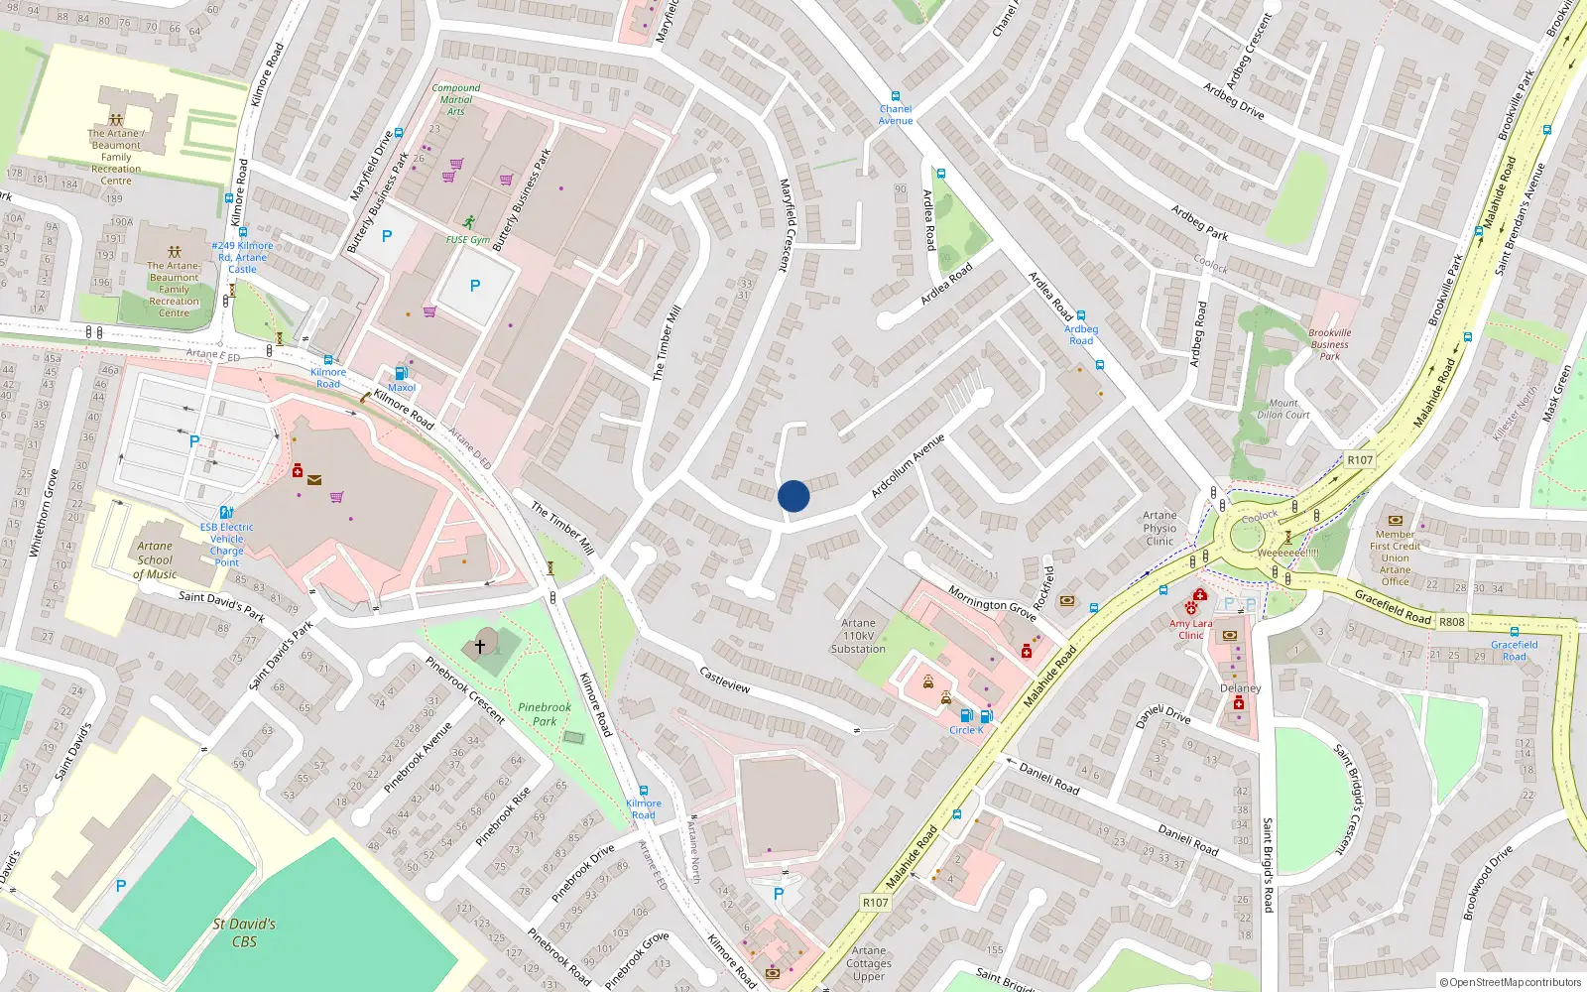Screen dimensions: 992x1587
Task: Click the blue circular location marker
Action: pyautogui.click(x=793, y=496)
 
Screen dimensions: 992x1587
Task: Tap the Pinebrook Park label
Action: pyautogui.click(x=545, y=714)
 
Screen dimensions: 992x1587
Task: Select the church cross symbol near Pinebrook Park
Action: pyautogui.click(x=480, y=646)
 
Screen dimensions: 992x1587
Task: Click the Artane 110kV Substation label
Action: pyautogui.click(x=858, y=636)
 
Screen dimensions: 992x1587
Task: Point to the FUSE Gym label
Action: pyautogui.click(x=467, y=239)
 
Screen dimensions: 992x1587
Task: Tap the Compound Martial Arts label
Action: pyautogui.click(x=456, y=99)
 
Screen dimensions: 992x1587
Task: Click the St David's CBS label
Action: pyautogui.click(x=244, y=932)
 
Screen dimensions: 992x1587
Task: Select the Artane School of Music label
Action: pyautogui.click(x=155, y=559)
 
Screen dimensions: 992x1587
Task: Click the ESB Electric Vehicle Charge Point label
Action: pyautogui.click(x=226, y=545)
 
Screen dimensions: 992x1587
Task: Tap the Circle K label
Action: pyautogui.click(x=966, y=730)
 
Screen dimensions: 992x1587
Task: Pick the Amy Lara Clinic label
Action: pyautogui.click(x=1190, y=629)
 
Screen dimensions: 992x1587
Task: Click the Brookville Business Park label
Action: pyautogui.click(x=1330, y=344)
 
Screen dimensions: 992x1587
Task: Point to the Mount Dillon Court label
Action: pyautogui.click(x=1283, y=409)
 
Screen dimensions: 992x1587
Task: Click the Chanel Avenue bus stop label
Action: pyautogui.click(x=896, y=115)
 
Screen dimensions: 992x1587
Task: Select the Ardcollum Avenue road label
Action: pyautogui.click(x=908, y=465)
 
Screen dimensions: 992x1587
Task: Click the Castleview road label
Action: pyautogui.click(x=725, y=681)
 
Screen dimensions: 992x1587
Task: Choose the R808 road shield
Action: pyautogui.click(x=1452, y=622)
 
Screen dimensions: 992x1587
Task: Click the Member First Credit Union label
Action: pyautogui.click(x=1395, y=558)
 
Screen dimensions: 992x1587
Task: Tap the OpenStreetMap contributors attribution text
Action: pyautogui.click(x=1511, y=982)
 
